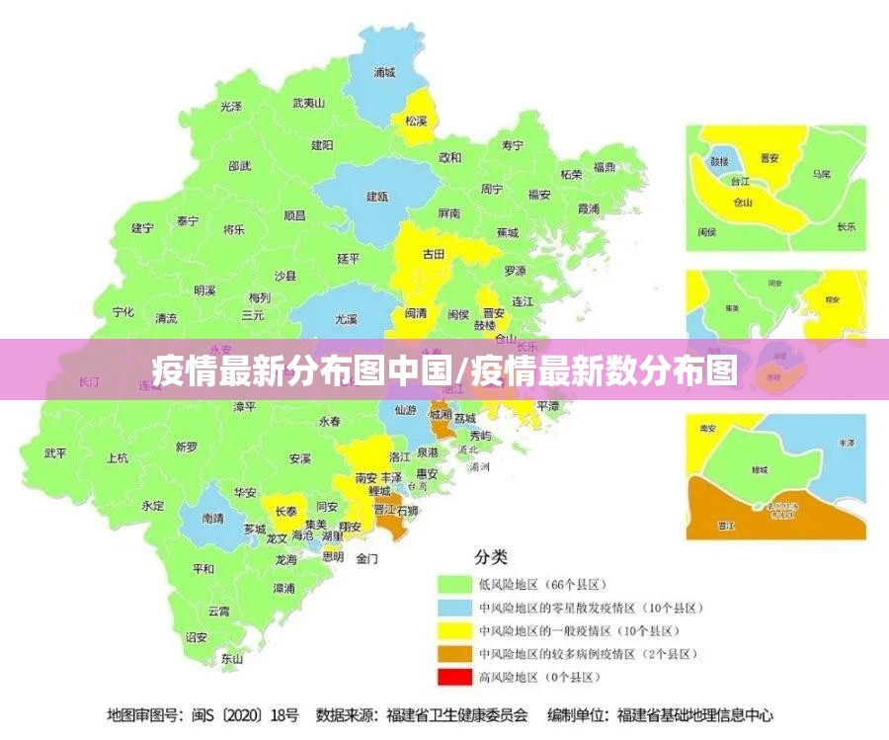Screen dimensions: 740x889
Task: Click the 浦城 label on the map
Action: coord(384,72)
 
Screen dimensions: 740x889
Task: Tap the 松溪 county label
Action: coord(415,121)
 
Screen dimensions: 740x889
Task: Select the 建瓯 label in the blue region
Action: coord(377,197)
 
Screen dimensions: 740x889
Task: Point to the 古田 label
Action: coord(434,254)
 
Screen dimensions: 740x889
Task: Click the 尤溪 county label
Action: coord(346,319)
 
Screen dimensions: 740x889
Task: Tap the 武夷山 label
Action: coord(309,103)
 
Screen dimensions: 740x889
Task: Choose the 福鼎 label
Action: coord(605,167)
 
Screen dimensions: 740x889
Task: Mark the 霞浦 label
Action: coord(589,208)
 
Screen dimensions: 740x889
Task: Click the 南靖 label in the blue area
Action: coord(212,517)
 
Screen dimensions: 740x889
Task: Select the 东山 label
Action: coord(232,657)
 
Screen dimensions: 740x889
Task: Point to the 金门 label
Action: coord(366,558)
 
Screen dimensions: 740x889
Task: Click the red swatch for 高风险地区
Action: coord(454,677)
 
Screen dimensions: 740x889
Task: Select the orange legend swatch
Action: coord(454,653)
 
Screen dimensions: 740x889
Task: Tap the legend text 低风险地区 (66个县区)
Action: coord(542,584)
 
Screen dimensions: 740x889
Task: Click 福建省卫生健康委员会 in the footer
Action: coord(457,714)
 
